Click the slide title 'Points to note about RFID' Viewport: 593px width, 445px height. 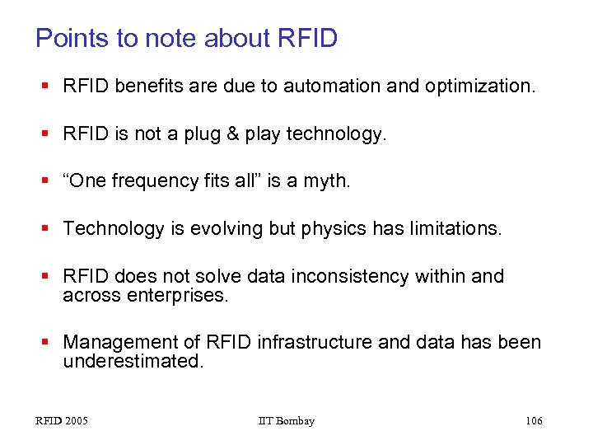click(186, 38)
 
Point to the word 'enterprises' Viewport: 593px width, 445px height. click(176, 295)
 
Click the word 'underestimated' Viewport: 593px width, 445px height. click(132, 361)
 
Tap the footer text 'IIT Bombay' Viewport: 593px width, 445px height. click(286, 421)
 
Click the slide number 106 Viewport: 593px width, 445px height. click(534, 421)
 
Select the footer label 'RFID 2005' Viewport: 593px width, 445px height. click(62, 421)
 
